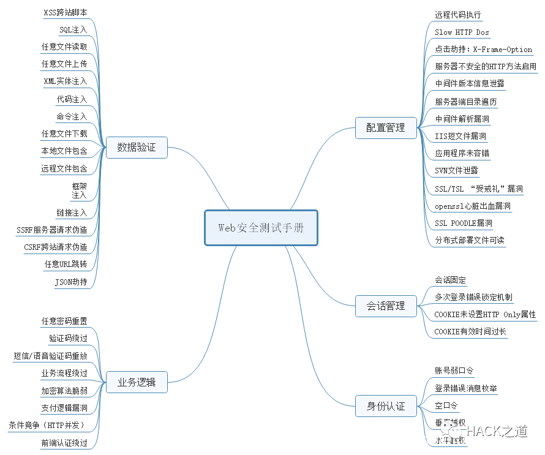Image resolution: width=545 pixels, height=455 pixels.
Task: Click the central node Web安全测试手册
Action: tap(261, 228)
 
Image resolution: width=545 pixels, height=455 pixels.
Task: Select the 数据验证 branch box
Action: tap(137, 147)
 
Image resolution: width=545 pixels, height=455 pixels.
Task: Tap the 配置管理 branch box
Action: tap(386, 127)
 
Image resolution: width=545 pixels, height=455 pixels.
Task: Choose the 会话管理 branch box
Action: tap(386, 306)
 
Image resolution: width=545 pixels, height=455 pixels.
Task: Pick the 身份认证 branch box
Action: tap(386, 405)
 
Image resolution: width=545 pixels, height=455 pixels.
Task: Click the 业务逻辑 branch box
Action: tap(137, 383)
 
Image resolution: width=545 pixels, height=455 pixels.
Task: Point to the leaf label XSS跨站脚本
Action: tap(66, 12)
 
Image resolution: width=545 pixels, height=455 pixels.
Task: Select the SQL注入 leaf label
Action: tap(73, 29)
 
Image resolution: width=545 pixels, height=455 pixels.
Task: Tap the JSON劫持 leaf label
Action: tap(70, 282)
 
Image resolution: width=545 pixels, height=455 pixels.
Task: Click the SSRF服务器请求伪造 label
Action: tap(52, 230)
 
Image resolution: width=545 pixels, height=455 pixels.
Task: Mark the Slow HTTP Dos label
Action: tap(462, 32)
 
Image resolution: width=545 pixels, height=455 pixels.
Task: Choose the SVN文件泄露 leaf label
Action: tap(456, 171)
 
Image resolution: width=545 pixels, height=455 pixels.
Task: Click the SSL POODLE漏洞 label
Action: tap(464, 224)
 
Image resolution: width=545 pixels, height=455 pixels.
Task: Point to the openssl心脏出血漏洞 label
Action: tap(472, 206)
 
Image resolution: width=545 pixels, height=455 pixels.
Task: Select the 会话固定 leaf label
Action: tap(451, 280)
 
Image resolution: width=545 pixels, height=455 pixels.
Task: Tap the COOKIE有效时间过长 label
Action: tap(470, 331)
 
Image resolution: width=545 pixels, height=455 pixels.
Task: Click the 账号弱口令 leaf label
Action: tap(454, 370)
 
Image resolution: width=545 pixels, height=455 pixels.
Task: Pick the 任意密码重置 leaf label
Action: tap(64, 321)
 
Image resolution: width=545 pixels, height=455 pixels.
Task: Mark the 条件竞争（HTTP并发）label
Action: tap(47, 425)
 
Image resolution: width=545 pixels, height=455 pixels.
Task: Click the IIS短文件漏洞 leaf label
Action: tap(460, 136)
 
